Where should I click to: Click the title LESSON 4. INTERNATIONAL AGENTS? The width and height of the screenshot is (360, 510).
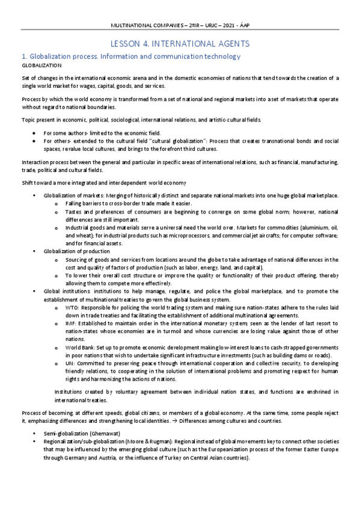coord(180,44)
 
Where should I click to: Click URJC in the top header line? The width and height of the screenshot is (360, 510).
coord(210,25)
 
